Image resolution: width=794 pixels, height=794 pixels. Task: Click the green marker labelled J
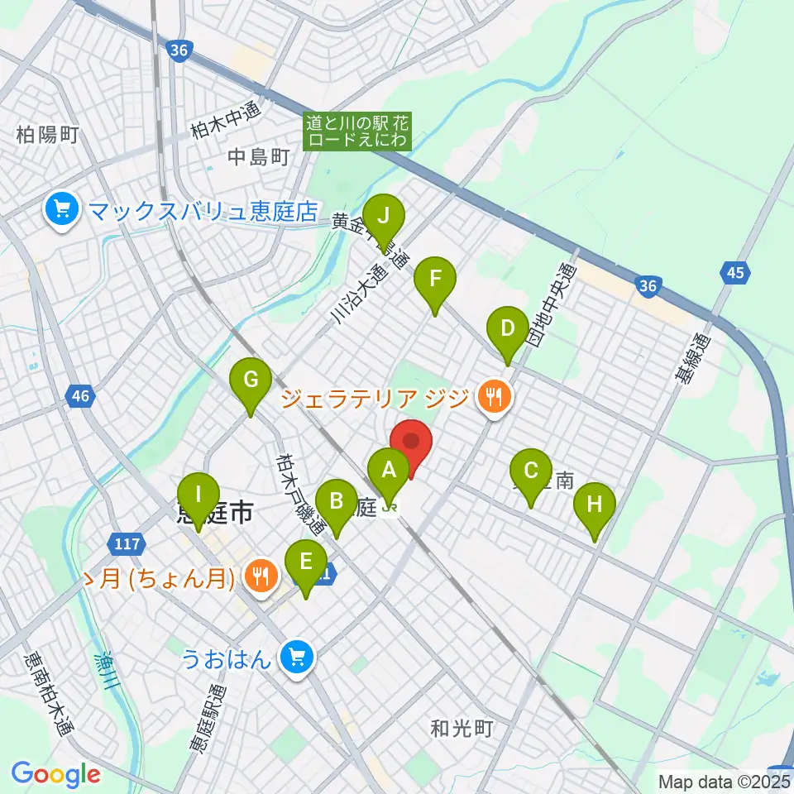click(x=383, y=217)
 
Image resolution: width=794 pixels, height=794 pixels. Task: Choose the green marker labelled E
click(x=306, y=563)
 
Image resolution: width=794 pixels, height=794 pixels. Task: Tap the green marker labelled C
click(x=530, y=472)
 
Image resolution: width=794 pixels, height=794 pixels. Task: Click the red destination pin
click(x=411, y=442)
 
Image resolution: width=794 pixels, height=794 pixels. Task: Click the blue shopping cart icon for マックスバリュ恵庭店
click(x=62, y=209)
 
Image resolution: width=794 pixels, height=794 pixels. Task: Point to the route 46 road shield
click(x=79, y=397)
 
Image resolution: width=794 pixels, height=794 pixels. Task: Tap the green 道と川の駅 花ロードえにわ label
click(x=357, y=131)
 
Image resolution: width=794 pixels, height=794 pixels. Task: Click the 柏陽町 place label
click(x=47, y=135)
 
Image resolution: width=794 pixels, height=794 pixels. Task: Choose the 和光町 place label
click(x=462, y=729)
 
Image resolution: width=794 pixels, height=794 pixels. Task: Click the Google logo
click(x=55, y=774)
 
